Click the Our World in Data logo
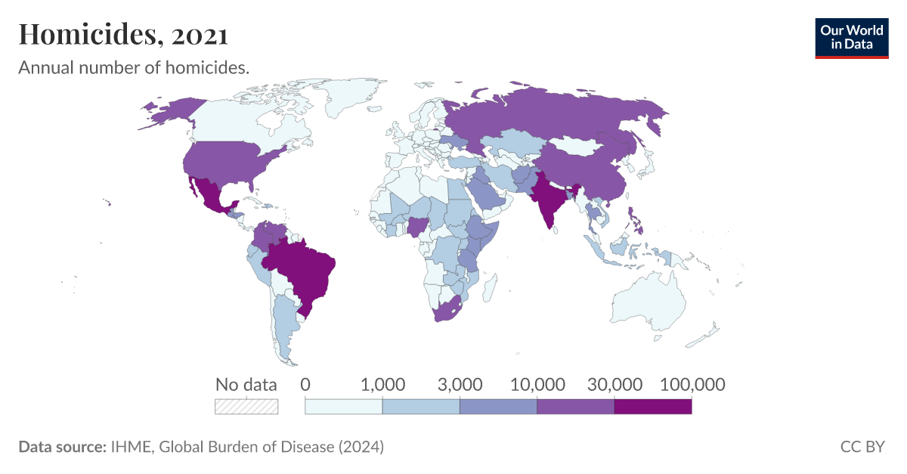pyautogui.click(x=851, y=38)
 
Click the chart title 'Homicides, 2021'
pyautogui.click(x=123, y=34)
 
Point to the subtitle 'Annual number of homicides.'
pyautogui.click(x=134, y=68)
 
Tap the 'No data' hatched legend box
pyautogui.click(x=246, y=406)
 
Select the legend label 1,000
pyautogui.click(x=383, y=384)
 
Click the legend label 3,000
pyautogui.click(x=460, y=384)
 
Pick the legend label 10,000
pyautogui.click(x=537, y=384)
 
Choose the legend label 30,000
pyautogui.click(x=614, y=384)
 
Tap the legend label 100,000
pyautogui.click(x=692, y=384)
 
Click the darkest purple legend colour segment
pyautogui.click(x=653, y=406)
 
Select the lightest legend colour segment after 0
pyautogui.click(x=344, y=406)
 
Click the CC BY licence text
pyautogui.click(x=862, y=447)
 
